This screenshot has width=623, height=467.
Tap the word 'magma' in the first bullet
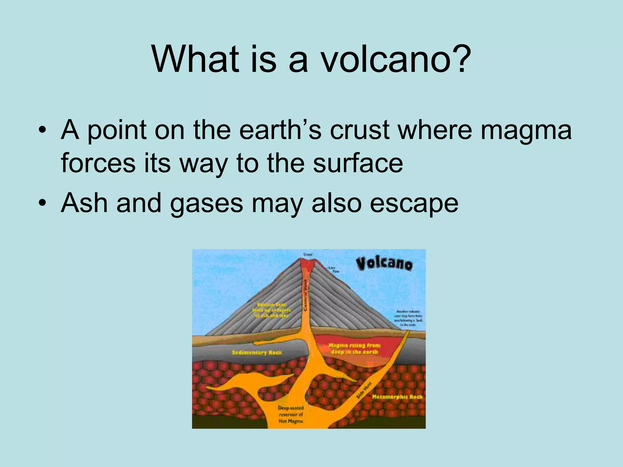click(526, 130)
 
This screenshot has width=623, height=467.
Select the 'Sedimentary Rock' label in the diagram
click(257, 353)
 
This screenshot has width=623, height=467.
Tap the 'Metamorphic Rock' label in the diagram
click(397, 397)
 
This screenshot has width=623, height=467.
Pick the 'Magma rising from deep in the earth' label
click(354, 349)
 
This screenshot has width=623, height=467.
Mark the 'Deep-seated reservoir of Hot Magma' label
click(291, 414)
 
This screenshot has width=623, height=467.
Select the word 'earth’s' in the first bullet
click(280, 130)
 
